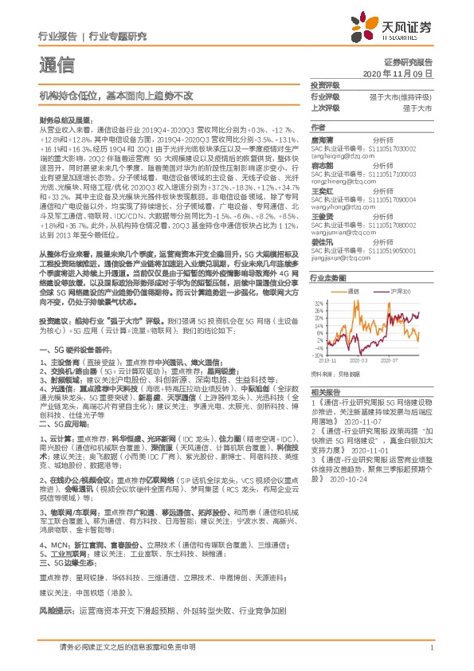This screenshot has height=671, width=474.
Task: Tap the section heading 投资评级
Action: point(324,84)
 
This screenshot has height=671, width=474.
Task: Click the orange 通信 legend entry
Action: point(354,292)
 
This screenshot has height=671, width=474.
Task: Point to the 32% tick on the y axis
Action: point(318,304)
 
